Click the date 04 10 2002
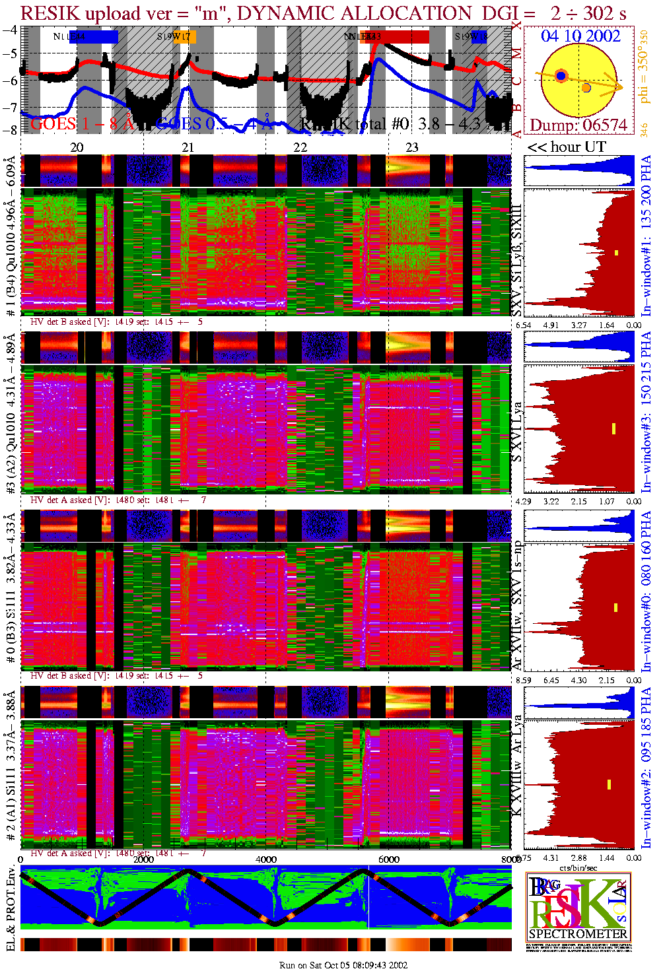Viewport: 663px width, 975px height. tap(580, 36)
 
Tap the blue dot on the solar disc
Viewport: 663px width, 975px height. tap(561, 76)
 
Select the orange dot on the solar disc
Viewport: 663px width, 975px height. tap(586, 88)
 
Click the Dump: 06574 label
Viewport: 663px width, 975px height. tap(578, 125)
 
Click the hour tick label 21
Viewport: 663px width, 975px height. tap(188, 147)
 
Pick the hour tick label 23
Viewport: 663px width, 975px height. tap(412, 147)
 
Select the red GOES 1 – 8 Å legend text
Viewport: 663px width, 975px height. tap(82, 123)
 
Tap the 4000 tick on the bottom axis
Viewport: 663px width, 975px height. tap(266, 859)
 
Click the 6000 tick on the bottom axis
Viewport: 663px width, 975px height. tap(388, 859)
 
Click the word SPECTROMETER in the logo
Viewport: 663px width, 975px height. tap(578, 933)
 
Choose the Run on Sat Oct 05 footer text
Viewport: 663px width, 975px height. tap(343, 965)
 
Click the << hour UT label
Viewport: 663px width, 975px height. tap(567, 147)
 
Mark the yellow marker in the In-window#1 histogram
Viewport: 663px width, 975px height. tap(617, 253)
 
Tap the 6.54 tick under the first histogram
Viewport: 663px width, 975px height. tap(524, 325)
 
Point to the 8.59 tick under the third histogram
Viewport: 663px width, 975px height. tap(524, 680)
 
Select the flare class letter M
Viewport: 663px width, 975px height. tap(517, 53)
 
